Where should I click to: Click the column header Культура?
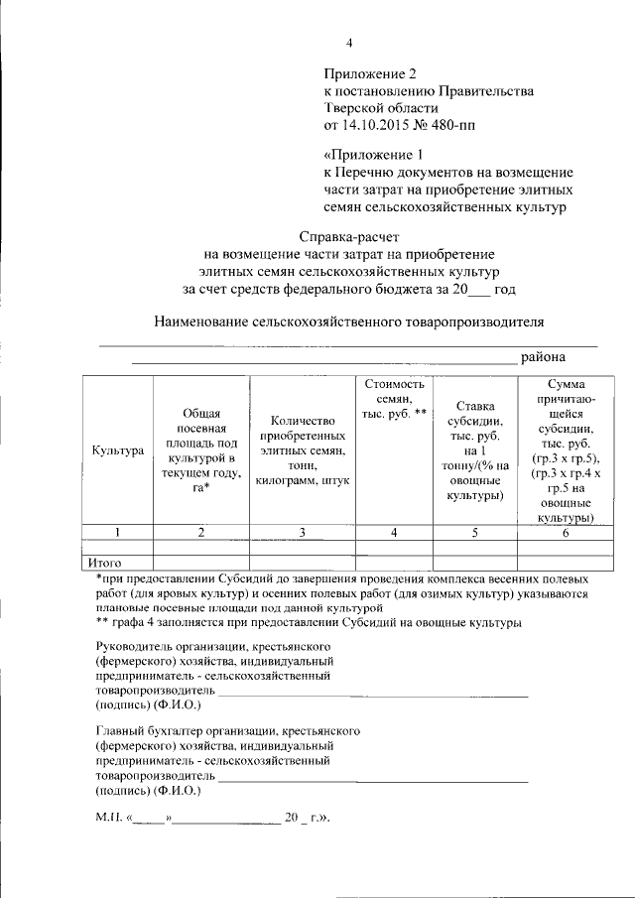pos(118,450)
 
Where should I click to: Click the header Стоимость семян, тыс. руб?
pos(394,398)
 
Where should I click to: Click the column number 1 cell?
pos(118,533)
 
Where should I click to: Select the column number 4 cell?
pos(394,533)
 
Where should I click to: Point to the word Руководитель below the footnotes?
pos(136,646)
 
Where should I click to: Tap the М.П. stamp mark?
pos(107,819)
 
